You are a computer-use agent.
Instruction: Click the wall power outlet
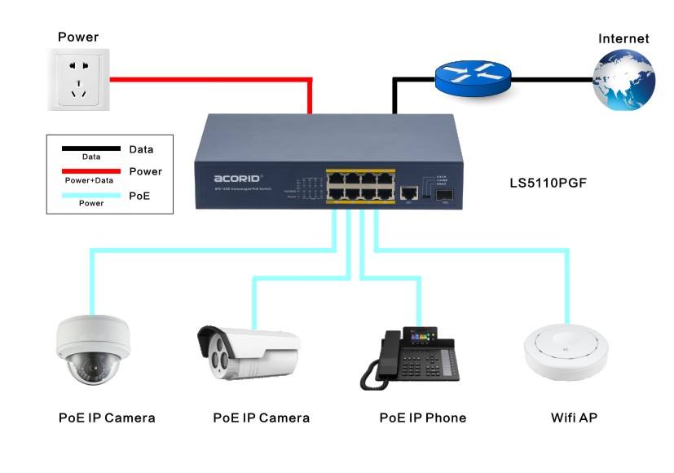tap(78, 80)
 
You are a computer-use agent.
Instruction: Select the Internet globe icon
tap(623, 80)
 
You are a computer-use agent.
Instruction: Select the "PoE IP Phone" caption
tap(422, 418)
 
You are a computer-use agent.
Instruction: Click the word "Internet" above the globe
tap(623, 38)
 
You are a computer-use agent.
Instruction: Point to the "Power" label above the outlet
tap(78, 37)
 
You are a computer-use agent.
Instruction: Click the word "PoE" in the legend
tap(140, 194)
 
